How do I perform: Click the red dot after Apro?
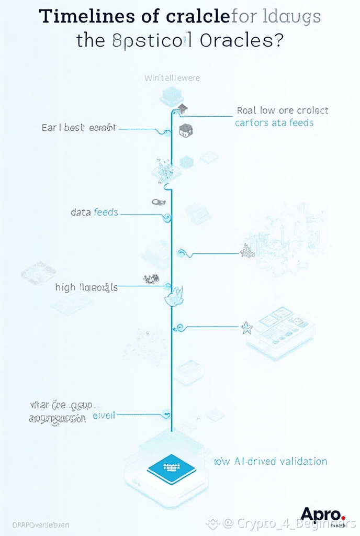[x=343, y=518]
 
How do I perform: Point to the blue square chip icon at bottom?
[x=171, y=466]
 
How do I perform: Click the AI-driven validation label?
[x=271, y=461]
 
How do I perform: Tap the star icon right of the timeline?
[x=246, y=329]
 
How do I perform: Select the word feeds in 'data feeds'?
[x=106, y=213]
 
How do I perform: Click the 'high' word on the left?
[x=65, y=287]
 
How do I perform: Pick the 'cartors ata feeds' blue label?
[x=274, y=122]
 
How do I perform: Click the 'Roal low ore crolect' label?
[x=282, y=110]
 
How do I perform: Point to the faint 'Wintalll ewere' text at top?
[x=172, y=78]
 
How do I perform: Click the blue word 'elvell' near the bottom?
[x=104, y=415]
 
